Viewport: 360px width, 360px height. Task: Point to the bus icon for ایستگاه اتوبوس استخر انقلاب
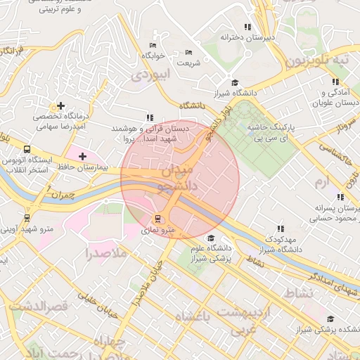coord(27,149)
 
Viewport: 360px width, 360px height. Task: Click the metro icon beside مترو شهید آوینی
coord(27,218)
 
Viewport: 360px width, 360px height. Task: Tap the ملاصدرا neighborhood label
coord(106,252)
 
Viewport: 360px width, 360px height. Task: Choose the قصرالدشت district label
coord(40,307)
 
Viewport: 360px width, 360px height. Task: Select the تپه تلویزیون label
coord(321,61)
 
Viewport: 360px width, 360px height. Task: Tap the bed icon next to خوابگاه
coord(153,44)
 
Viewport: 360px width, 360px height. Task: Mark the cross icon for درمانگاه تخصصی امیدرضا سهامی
coord(61,105)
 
